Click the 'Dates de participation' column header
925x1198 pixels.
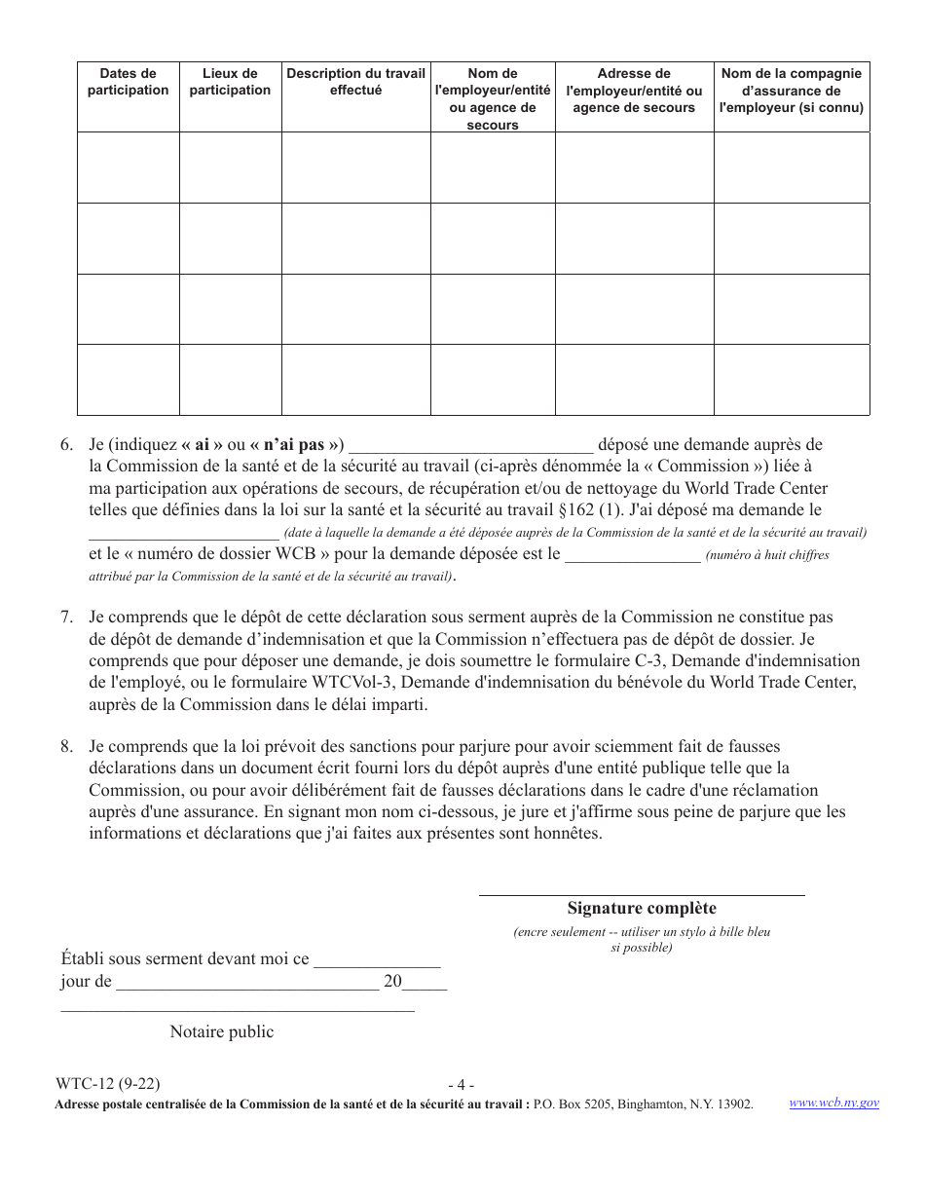point(129,82)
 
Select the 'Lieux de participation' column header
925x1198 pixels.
point(230,82)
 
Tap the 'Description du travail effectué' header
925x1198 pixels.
point(355,82)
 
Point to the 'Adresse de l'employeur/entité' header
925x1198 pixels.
point(634,91)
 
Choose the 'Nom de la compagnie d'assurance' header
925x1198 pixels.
point(791,91)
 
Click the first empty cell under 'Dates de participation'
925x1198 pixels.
point(129,168)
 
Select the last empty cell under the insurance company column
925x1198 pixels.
point(791,380)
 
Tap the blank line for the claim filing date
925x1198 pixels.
point(183,534)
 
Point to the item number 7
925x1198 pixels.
point(66,618)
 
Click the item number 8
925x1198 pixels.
point(66,747)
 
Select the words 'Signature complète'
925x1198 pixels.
point(642,908)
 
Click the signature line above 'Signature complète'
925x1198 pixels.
point(642,893)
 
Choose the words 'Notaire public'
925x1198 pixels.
point(222,1032)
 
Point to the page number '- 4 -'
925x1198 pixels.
point(461,1085)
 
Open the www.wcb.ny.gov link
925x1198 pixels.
point(833,1103)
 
